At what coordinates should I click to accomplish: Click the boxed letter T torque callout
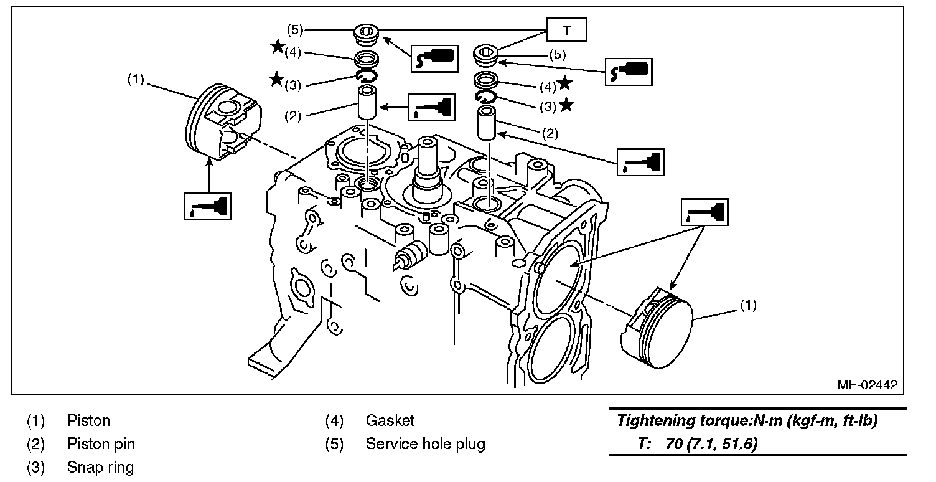click(567, 29)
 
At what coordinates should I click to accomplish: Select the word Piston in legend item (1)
click(89, 421)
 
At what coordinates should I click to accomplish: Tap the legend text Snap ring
click(101, 467)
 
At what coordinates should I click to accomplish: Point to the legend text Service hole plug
click(426, 444)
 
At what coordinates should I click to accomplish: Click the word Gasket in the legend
click(390, 421)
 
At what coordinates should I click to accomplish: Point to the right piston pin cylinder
click(487, 123)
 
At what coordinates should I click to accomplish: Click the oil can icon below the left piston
click(208, 206)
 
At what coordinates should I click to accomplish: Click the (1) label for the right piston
click(748, 306)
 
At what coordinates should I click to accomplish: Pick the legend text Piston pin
click(101, 444)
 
